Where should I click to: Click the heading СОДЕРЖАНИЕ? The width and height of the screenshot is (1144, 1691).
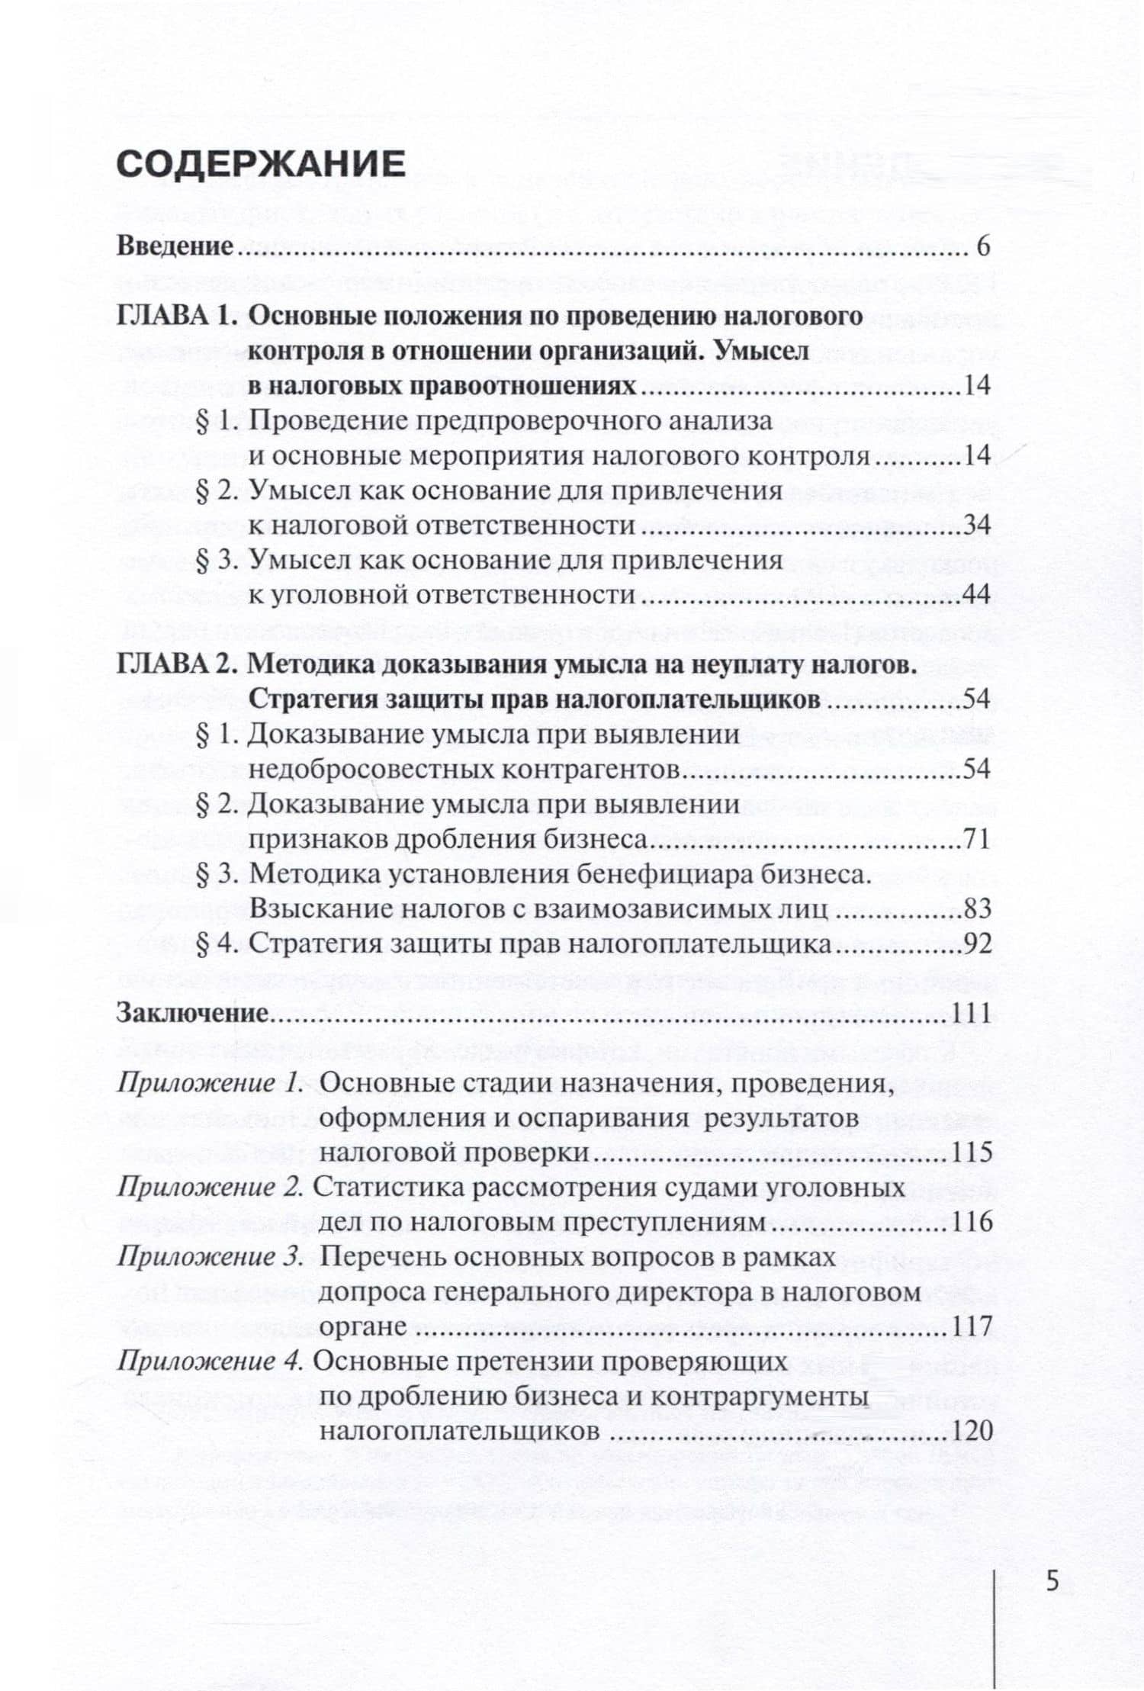pos(261,165)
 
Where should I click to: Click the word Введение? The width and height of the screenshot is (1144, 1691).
pos(175,246)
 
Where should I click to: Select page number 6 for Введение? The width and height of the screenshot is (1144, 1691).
pos(982,246)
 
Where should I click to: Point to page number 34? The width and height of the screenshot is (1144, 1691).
pos(976,525)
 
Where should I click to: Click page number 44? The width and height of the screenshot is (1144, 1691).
pos(976,594)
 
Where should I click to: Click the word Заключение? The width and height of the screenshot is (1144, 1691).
pos(191,1014)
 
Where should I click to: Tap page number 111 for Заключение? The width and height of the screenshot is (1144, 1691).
pos(971,1014)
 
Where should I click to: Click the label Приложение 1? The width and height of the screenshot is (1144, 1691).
pos(210,1084)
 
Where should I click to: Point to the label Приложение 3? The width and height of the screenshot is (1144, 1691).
pos(210,1258)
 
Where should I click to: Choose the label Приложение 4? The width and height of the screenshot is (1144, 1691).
pos(210,1361)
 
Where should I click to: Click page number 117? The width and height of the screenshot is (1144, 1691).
pos(972,1326)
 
